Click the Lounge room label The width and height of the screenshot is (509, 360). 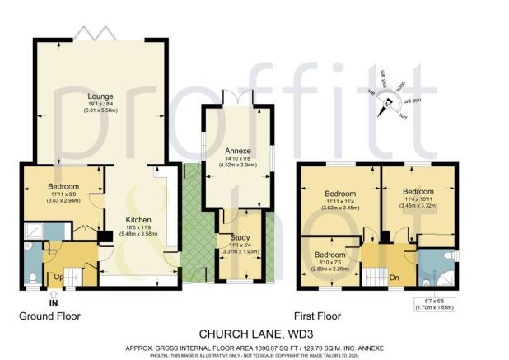101,96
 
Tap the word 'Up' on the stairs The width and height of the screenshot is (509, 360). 58,278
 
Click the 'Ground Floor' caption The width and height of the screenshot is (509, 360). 49,316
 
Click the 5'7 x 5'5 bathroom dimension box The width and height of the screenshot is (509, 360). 432,305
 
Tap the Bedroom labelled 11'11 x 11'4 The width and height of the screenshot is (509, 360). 338,199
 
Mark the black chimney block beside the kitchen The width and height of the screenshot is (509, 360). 105,237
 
